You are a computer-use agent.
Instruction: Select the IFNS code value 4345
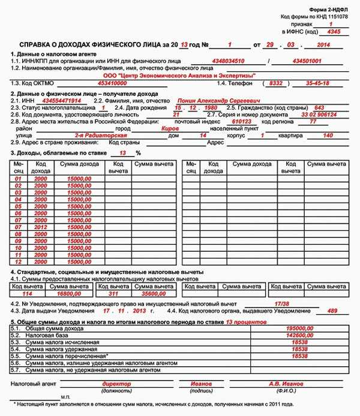(x=334, y=31)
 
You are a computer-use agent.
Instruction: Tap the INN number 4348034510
(x=228, y=61)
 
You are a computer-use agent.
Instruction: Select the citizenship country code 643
(x=319, y=108)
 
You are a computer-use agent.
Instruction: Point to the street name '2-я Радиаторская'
(x=94, y=135)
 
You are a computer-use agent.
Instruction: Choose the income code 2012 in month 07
(x=40, y=228)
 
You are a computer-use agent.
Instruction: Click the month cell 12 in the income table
(x=18, y=261)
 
